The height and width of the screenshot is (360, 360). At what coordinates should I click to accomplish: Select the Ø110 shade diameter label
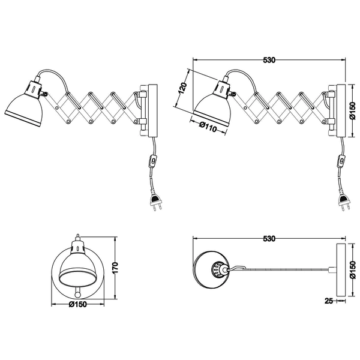click(208, 127)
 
